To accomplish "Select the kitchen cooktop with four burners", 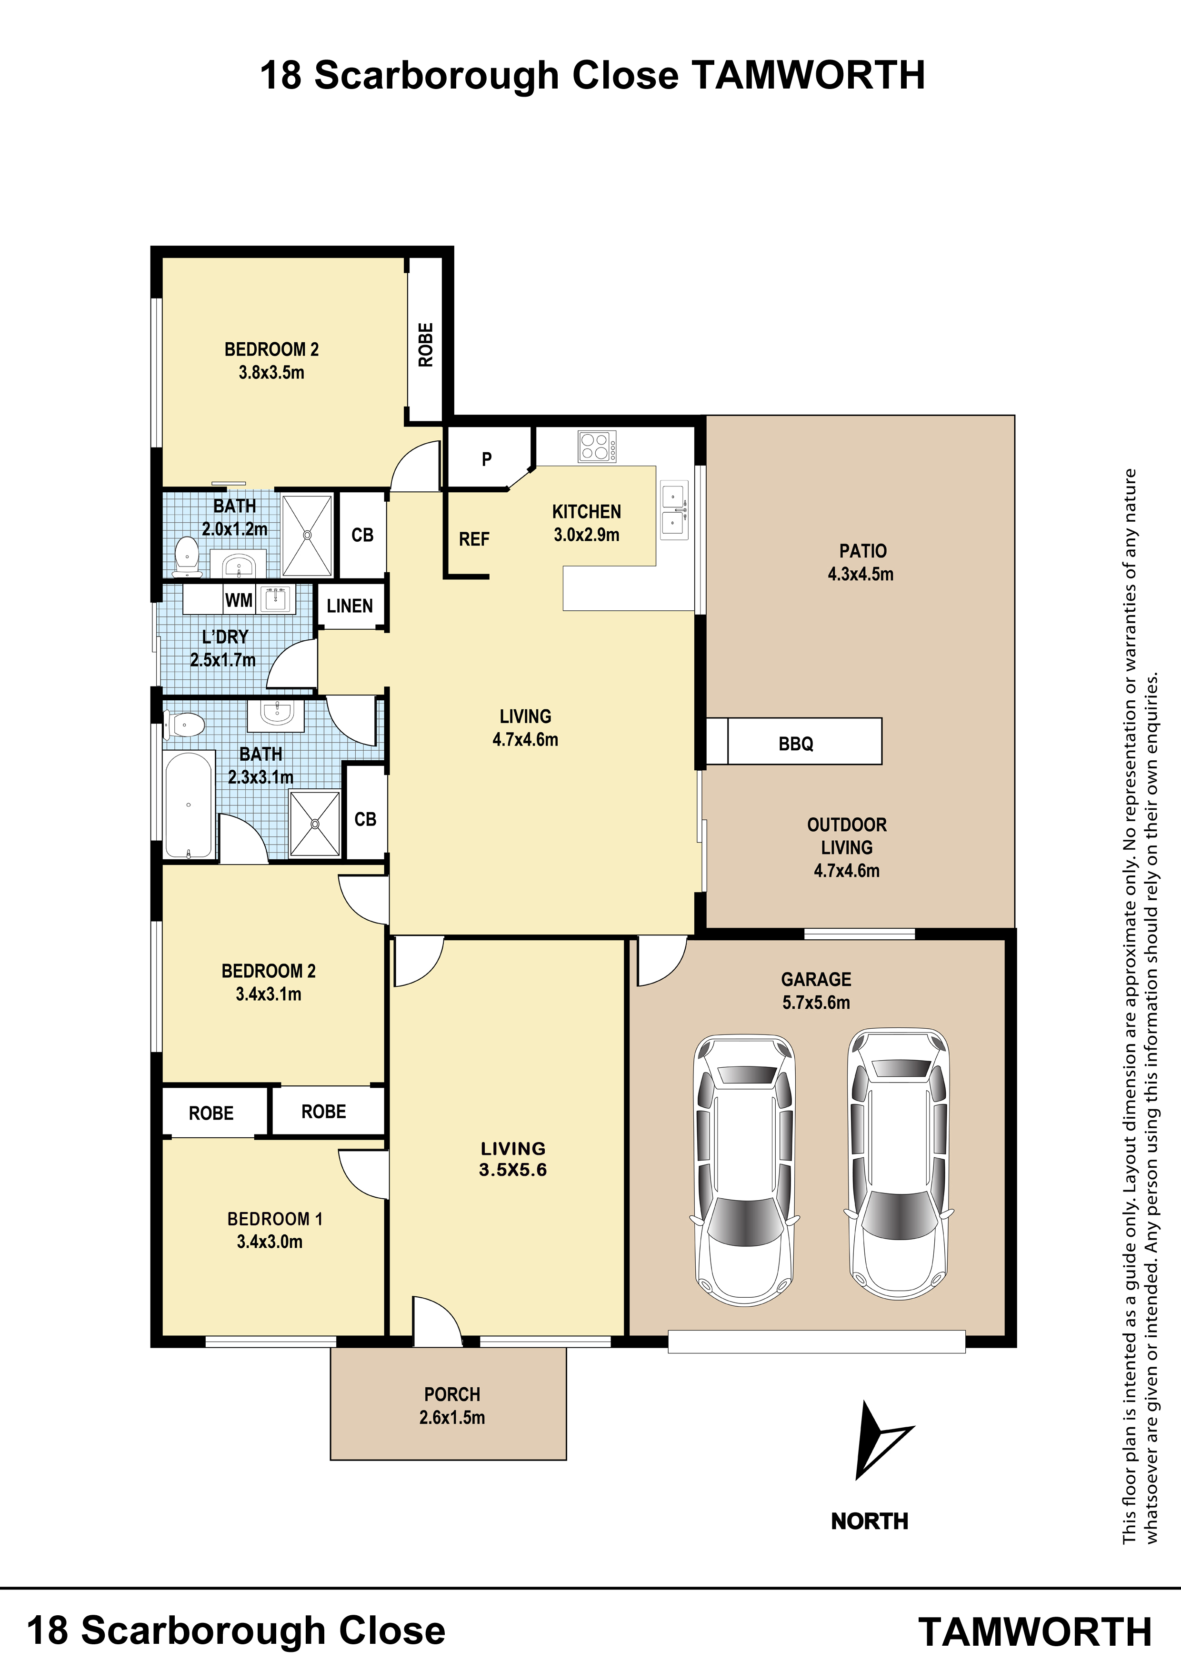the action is point(597,446).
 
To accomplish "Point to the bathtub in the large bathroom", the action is point(189,805).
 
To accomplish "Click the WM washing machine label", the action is point(239,600).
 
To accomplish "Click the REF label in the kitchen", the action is point(474,539).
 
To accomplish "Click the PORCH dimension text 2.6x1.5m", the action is point(452,1417).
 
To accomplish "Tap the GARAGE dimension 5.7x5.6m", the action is point(816,1002).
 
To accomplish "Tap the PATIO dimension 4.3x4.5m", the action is point(860,574).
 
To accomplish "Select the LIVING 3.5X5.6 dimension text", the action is point(513,1170).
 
